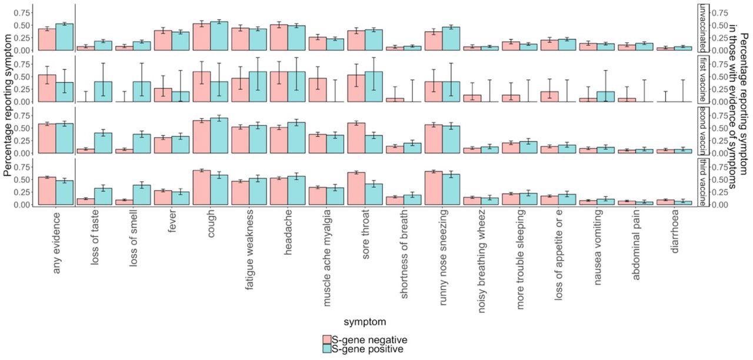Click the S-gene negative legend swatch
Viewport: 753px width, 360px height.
326,340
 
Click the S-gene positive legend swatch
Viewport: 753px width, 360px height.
326,349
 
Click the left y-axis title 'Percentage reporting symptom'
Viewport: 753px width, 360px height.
8,105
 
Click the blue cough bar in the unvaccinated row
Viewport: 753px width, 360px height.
219,36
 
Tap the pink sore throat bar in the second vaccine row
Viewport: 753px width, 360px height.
356,138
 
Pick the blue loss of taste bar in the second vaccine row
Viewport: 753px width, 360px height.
104,143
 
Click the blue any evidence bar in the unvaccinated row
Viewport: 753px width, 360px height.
65,37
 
